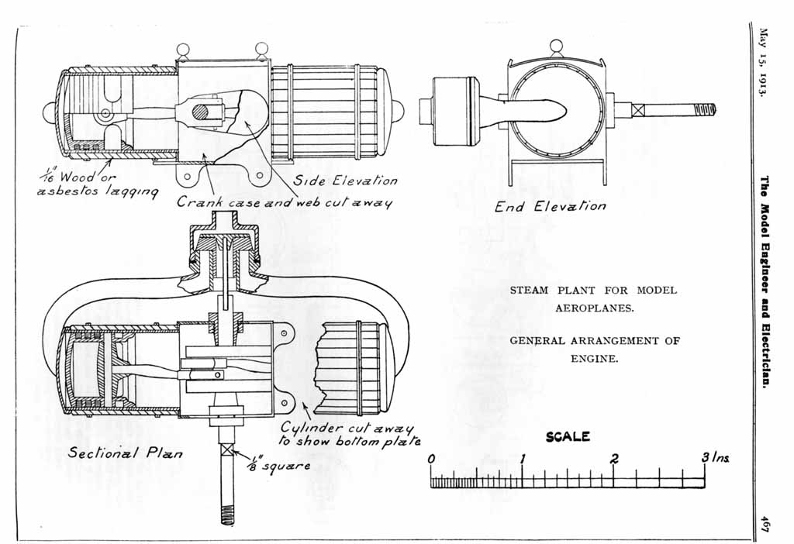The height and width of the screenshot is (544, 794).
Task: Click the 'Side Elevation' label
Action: click(x=345, y=181)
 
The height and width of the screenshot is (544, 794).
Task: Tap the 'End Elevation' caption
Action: click(x=551, y=206)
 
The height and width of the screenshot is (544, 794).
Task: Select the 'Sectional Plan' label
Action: click(x=126, y=453)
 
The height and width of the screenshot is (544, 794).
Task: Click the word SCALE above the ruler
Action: click(x=568, y=437)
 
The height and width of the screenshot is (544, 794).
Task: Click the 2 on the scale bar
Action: click(x=614, y=459)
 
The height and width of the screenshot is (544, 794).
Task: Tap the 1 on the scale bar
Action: click(x=523, y=459)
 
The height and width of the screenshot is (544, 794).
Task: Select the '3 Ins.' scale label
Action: click(x=716, y=459)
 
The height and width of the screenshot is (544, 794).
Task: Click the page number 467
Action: click(x=765, y=524)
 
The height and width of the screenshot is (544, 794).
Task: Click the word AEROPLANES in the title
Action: click(x=594, y=308)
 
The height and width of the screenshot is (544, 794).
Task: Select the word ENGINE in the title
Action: click(x=594, y=359)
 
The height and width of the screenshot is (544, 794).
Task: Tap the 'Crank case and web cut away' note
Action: click(x=285, y=202)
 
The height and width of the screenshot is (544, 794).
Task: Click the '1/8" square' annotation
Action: click(x=278, y=466)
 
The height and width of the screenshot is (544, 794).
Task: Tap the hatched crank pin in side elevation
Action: click(x=201, y=112)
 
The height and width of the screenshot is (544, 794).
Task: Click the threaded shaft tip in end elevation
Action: click(x=706, y=109)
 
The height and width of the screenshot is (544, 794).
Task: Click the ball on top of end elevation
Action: click(x=555, y=45)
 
